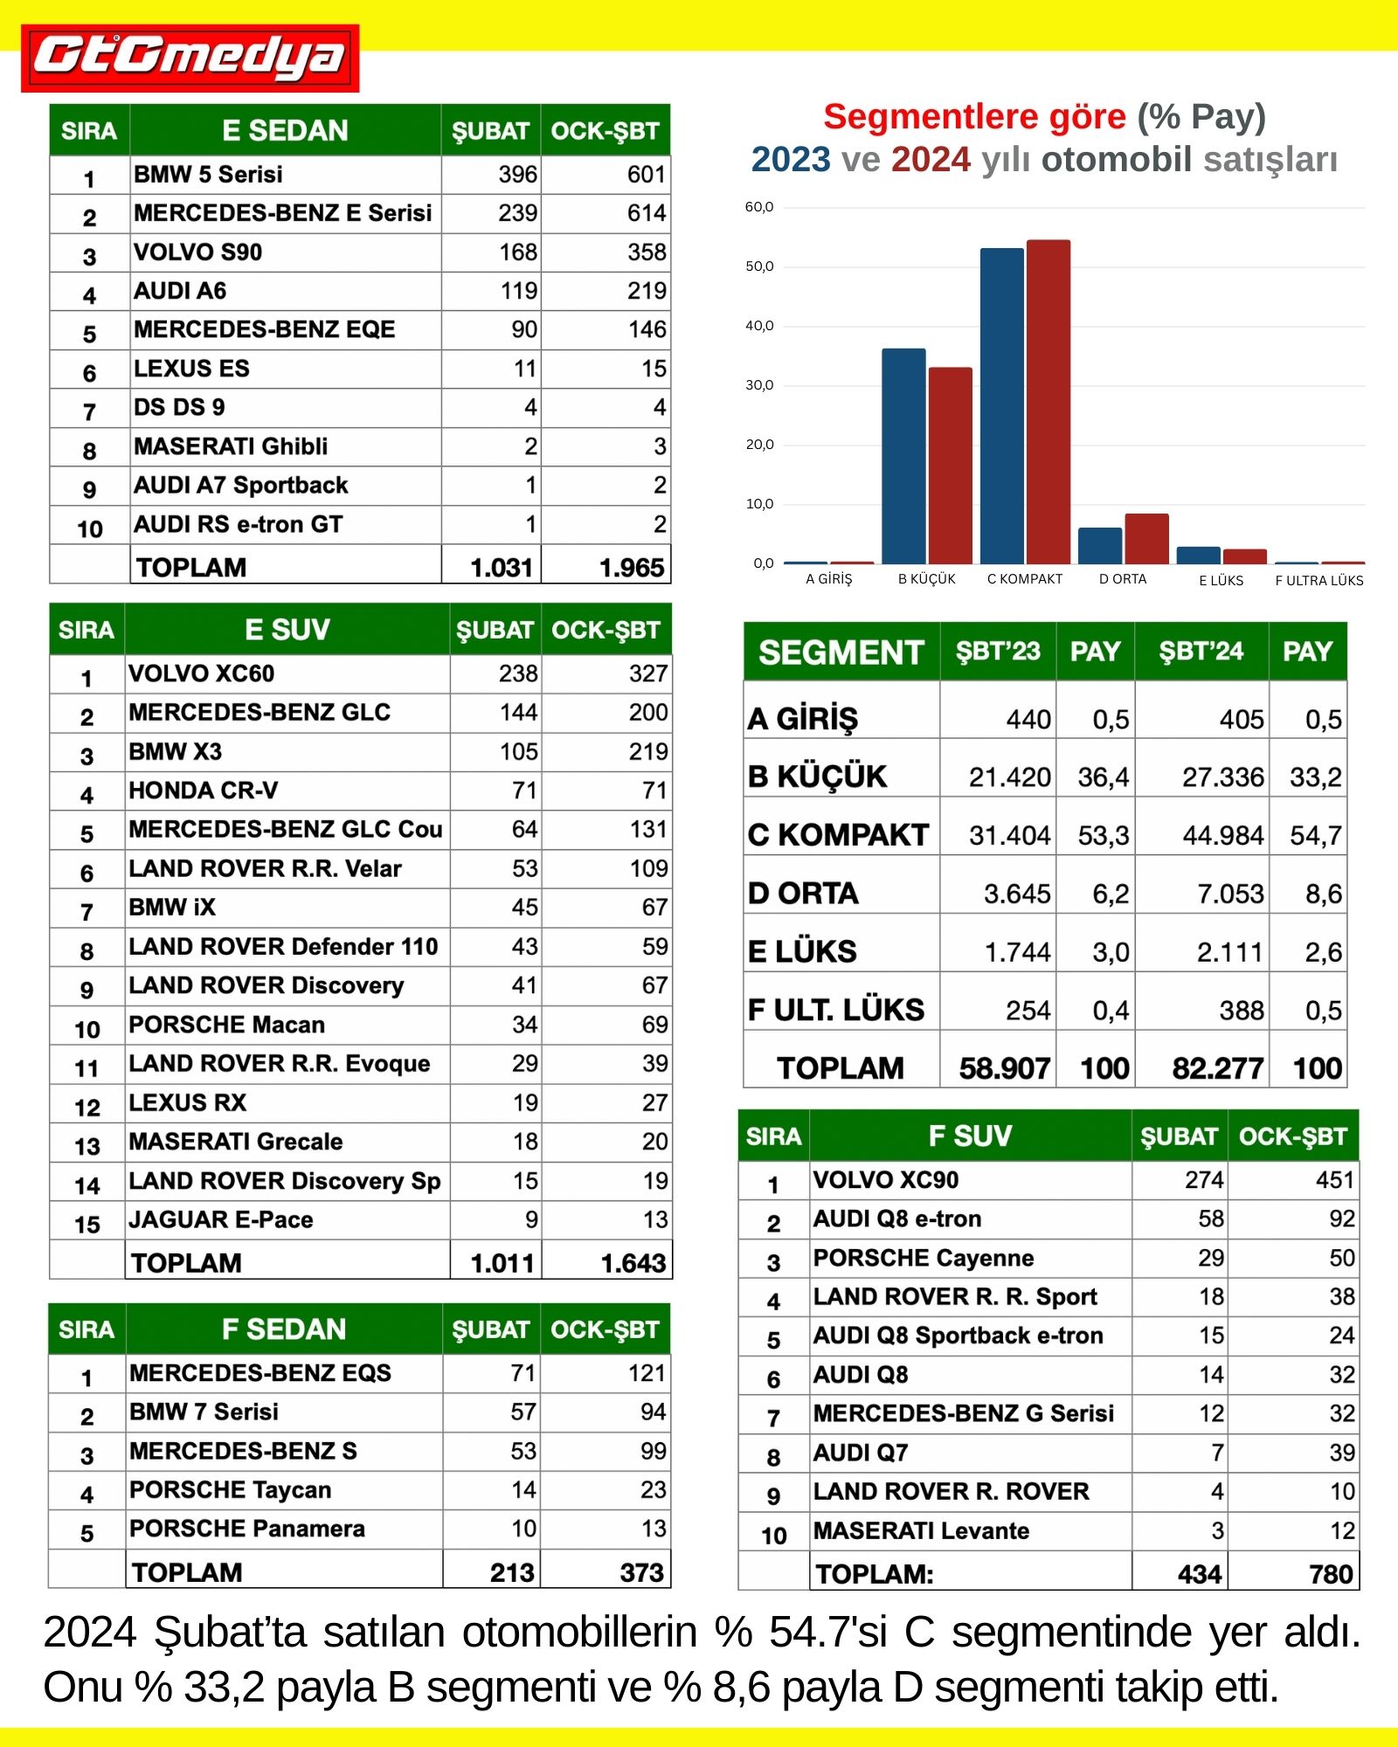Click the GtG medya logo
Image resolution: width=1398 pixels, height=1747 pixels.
tap(190, 58)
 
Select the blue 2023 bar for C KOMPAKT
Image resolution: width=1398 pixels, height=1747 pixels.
tap(1001, 405)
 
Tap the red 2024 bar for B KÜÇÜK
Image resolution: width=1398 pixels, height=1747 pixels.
tap(950, 465)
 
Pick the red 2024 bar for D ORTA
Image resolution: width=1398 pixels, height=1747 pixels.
tap(1146, 538)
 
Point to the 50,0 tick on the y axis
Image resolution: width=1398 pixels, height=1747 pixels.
tap(758, 266)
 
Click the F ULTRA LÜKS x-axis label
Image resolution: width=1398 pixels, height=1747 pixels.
tap(1318, 580)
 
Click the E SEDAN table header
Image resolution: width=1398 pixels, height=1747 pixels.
tap(285, 131)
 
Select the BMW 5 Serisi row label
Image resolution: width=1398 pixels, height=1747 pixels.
tap(208, 175)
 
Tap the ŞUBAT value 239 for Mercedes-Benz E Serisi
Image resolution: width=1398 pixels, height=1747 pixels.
tap(517, 213)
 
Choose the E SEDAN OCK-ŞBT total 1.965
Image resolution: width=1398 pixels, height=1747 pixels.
tap(631, 568)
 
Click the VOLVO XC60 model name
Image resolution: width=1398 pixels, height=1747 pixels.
tap(201, 673)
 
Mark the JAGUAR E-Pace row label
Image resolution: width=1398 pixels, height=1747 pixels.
tap(220, 1219)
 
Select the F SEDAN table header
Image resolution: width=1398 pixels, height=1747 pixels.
tap(284, 1329)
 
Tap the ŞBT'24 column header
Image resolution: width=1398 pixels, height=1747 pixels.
tap(1201, 652)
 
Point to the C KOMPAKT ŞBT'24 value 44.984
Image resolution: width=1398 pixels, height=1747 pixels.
tap(1222, 836)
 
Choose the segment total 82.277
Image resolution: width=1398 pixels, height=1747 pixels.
tap(1217, 1068)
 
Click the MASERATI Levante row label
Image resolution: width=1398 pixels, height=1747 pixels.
tap(921, 1530)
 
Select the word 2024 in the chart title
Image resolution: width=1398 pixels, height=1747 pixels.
tap(931, 160)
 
